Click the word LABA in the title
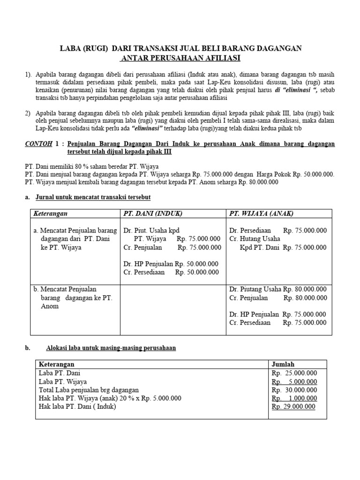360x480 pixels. click(69, 48)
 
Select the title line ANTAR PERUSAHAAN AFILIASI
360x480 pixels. click(180, 58)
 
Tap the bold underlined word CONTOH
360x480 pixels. click(38, 144)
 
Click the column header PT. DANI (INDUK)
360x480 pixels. click(153, 213)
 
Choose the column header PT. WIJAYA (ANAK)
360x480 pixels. click(261, 213)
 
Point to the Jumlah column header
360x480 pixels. click(283, 364)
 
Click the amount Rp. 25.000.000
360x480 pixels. click(294, 373)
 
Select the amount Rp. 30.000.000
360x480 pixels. click(294, 390)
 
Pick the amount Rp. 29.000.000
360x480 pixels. click(294, 406)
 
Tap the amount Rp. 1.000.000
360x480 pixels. click(294, 398)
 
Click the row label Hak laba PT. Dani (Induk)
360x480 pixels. click(77, 406)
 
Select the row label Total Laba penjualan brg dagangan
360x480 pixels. click(89, 390)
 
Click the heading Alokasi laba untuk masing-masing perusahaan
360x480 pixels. click(111, 348)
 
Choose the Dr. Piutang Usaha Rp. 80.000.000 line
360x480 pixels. click(278, 289)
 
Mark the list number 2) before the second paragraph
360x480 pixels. click(28, 113)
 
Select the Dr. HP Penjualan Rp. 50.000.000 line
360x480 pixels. click(171, 264)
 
